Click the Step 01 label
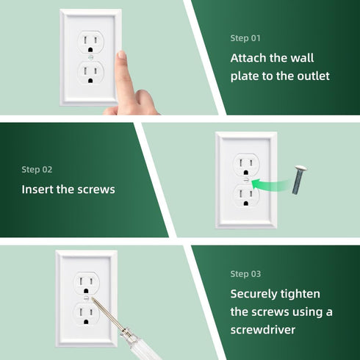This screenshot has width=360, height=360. (x=245, y=37)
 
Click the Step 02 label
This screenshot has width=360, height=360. (x=37, y=169)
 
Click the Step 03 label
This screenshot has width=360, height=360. (x=245, y=273)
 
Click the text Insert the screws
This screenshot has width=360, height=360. (x=68, y=189)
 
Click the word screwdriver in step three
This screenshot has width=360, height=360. (x=262, y=330)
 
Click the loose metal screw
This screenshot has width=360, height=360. (x=298, y=179)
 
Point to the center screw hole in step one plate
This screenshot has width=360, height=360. (x=91, y=57)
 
